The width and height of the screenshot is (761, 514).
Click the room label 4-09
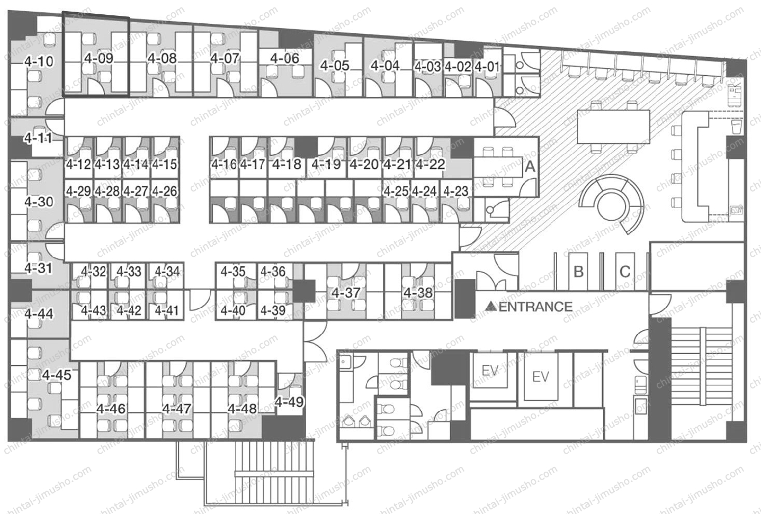point(99,58)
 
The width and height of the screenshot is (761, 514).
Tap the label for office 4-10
point(39,61)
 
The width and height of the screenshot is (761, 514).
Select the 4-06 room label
point(285,58)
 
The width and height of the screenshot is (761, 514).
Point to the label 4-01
point(487,67)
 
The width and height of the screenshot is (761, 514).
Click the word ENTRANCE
point(535,307)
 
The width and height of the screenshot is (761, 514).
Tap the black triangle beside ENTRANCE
point(490,306)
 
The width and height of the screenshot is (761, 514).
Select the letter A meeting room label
point(530,167)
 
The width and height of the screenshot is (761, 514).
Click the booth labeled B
point(578,272)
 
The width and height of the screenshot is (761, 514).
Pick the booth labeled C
point(625,272)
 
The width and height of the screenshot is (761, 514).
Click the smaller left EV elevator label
point(490,371)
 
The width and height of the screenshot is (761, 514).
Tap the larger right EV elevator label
point(541,377)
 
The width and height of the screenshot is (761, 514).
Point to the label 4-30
point(39,202)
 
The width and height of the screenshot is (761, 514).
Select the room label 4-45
point(57,375)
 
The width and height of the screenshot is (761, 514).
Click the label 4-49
point(289,402)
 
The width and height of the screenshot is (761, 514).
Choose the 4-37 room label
point(346,293)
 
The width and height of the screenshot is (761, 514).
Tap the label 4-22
point(431,164)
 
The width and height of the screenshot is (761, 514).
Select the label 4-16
point(224,164)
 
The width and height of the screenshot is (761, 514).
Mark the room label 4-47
point(177,409)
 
